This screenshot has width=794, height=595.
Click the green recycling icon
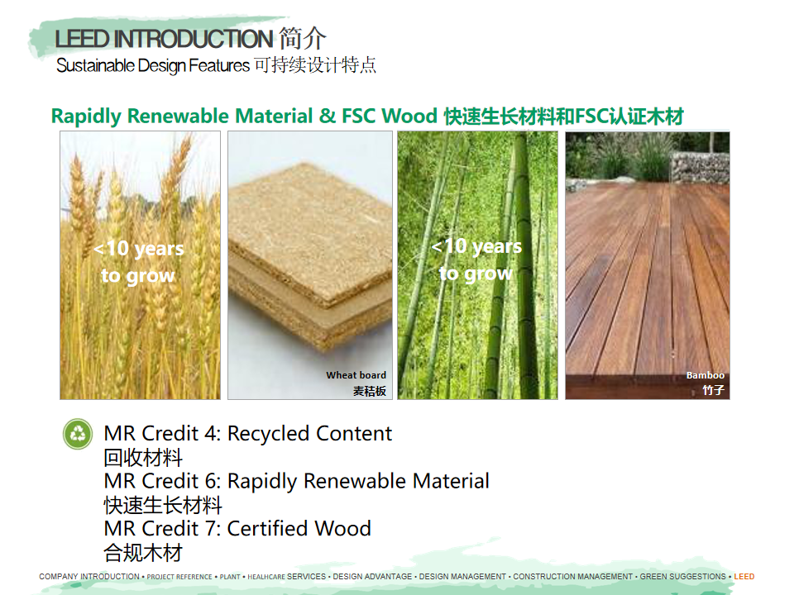point(78,434)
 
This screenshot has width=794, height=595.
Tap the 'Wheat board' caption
point(356,375)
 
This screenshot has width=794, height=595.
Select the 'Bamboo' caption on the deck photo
point(705,375)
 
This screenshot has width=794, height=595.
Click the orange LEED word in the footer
point(744,576)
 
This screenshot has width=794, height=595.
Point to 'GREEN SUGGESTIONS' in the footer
point(682,576)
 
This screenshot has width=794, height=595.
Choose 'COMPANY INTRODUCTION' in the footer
point(89,576)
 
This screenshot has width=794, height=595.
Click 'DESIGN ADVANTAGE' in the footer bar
point(372,576)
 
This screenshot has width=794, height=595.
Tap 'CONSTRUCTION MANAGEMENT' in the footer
point(572,576)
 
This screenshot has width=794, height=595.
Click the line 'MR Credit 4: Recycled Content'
point(247,434)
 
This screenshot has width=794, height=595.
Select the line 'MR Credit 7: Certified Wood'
point(237,529)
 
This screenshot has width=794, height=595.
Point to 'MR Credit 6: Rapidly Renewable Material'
point(296,481)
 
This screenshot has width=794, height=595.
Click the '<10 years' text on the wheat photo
point(139,249)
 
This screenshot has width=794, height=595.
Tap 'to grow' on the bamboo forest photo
point(476,274)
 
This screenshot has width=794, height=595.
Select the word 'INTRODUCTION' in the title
point(194,39)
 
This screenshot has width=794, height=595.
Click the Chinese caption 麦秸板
point(370,391)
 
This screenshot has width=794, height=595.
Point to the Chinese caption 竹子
point(714,390)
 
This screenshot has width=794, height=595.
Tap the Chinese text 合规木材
point(143,553)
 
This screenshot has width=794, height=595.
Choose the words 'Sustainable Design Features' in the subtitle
point(153,65)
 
